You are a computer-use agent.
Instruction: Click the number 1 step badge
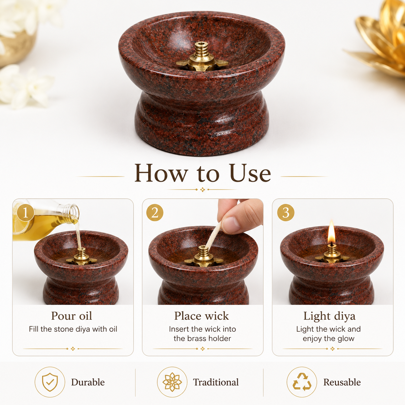(26, 213)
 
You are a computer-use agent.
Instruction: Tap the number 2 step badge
(155, 213)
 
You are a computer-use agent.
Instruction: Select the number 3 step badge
(286, 213)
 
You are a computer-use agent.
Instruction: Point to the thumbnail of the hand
(231, 224)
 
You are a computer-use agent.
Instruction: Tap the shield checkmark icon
(50, 382)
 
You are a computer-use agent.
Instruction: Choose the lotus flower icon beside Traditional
(172, 382)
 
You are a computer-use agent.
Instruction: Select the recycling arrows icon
(302, 382)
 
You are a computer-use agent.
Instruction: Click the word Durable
(88, 382)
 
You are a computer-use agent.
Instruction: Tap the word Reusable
(342, 382)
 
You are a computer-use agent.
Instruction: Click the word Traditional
(216, 382)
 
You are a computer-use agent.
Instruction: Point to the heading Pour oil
(72, 316)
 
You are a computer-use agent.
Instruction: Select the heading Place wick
(202, 316)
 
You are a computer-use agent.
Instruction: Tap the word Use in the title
(250, 173)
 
